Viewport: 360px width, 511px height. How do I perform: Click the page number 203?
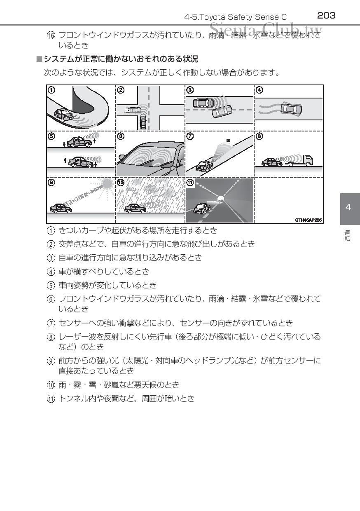tap(326, 16)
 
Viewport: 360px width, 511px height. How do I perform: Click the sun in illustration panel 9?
tap(108, 184)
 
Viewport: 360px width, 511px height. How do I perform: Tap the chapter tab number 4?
tap(348, 207)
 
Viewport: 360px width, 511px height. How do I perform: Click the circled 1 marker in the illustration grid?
tap(51, 89)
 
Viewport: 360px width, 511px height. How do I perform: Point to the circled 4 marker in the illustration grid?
tap(259, 89)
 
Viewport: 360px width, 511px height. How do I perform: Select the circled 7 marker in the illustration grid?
tap(190, 136)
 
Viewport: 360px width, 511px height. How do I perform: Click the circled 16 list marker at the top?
tap(51, 35)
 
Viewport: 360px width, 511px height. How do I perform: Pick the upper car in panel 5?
tap(79, 142)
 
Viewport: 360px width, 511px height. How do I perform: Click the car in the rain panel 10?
tap(135, 208)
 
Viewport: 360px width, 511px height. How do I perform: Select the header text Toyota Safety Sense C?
tap(236, 17)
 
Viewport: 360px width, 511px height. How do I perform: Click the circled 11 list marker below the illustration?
tap(51, 399)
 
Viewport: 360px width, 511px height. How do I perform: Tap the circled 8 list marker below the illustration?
tap(51, 338)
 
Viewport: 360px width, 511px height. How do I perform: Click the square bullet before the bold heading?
tap(39, 59)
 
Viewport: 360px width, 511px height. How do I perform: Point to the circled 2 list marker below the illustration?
tap(51, 244)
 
